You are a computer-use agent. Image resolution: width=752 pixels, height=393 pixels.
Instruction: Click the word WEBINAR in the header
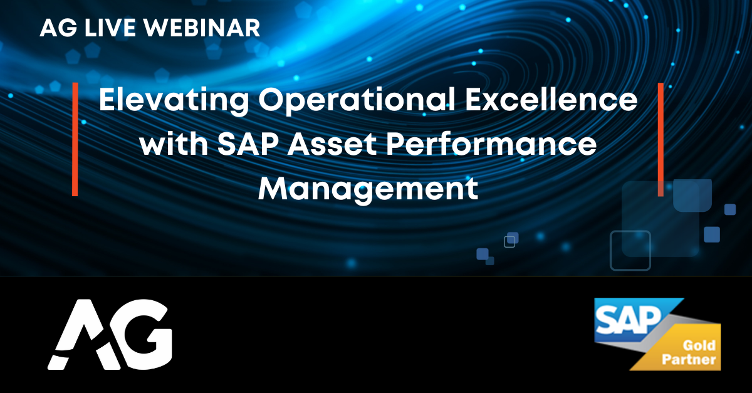[202, 28]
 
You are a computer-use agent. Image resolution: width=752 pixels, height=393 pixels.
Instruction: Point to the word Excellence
[551, 99]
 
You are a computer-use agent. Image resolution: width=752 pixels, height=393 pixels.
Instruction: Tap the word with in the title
[174, 144]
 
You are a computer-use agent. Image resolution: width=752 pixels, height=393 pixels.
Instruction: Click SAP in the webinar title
[248, 144]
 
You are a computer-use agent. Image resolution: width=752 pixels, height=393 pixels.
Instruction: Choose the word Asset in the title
[332, 144]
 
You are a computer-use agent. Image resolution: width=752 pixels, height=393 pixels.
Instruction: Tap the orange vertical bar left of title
[75, 139]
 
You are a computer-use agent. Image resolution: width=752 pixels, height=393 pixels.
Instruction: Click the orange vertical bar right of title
[661, 139]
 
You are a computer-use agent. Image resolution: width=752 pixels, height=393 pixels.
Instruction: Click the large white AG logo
[110, 335]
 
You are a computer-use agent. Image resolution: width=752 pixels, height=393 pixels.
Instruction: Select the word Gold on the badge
[699, 345]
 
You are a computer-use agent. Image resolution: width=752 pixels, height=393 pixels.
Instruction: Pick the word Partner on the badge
[689, 360]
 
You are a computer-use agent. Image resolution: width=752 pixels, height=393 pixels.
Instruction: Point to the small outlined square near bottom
[509, 242]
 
